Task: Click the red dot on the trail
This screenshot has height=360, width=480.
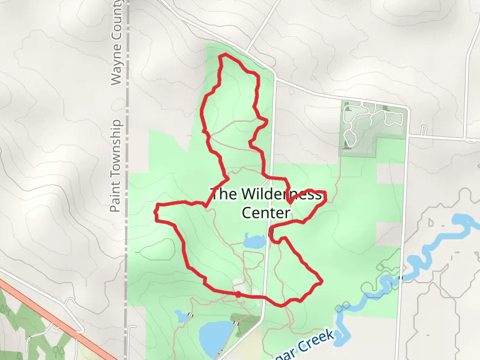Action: (238, 294)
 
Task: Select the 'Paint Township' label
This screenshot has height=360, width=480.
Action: (116, 166)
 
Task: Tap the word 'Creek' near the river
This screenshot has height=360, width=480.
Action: (312, 347)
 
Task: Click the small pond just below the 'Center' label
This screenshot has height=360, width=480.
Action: (254, 242)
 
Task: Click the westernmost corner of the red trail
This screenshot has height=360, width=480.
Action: (157, 212)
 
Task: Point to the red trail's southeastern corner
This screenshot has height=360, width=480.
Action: (322, 280)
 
